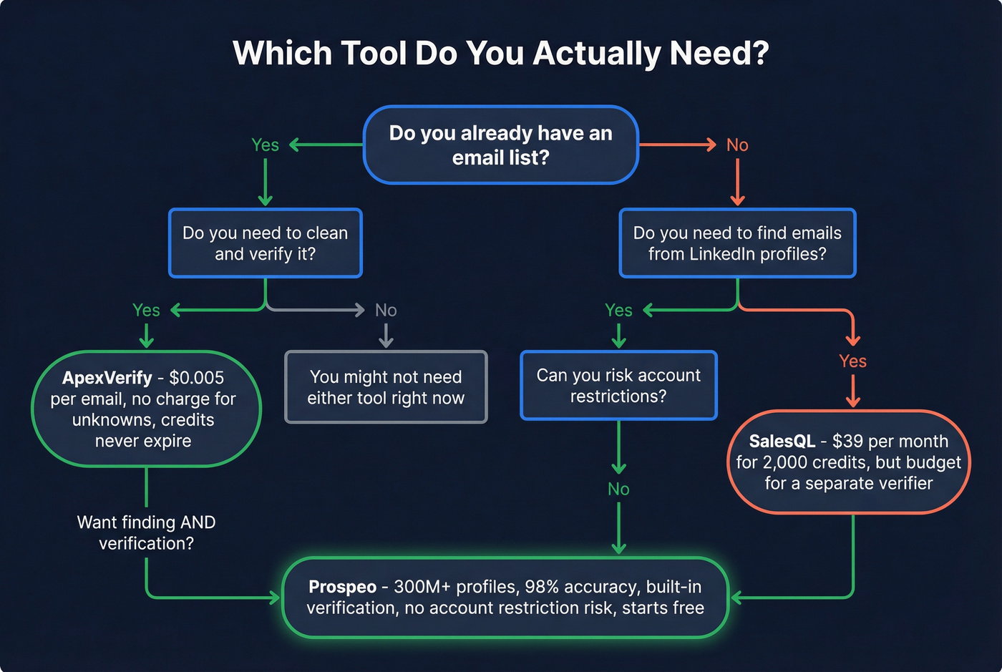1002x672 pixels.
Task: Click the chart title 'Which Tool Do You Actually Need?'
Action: point(500,54)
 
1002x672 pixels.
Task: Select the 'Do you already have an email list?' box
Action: point(500,145)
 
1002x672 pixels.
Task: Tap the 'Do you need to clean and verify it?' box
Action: point(266,243)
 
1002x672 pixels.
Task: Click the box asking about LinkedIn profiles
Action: point(737,243)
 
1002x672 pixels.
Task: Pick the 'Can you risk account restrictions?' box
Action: point(618,386)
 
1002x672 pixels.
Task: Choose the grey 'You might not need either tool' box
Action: point(386,387)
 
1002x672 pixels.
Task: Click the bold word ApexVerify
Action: point(107,378)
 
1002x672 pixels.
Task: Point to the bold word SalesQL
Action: point(782,442)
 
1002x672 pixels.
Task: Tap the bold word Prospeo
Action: point(342,587)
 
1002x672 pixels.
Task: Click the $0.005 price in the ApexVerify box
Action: point(196,378)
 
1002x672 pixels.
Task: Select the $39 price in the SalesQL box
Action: point(847,442)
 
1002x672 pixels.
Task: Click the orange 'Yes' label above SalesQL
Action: point(852,361)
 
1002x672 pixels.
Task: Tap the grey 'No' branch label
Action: point(386,310)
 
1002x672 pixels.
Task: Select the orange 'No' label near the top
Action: point(737,145)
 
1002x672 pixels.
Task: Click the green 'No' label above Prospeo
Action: point(618,489)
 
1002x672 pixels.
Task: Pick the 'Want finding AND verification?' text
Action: point(146,532)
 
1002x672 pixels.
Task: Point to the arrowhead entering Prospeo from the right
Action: point(734,598)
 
